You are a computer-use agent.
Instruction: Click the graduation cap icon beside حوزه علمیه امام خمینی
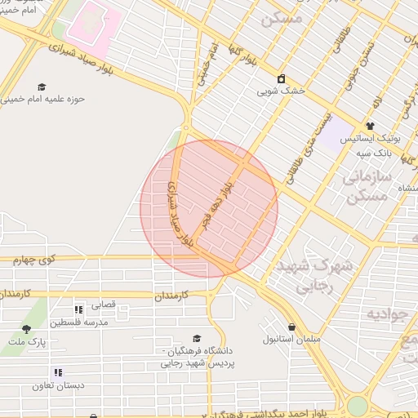42,87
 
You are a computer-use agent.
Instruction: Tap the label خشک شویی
281,91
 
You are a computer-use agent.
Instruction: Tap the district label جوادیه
386,314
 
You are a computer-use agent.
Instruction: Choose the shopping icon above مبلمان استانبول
292,327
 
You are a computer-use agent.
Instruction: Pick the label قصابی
104,306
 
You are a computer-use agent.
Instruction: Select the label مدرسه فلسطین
78,322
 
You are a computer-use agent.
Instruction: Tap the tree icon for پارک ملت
26,330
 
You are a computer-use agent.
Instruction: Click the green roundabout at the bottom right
358,406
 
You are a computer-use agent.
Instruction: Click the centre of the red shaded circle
209,208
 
